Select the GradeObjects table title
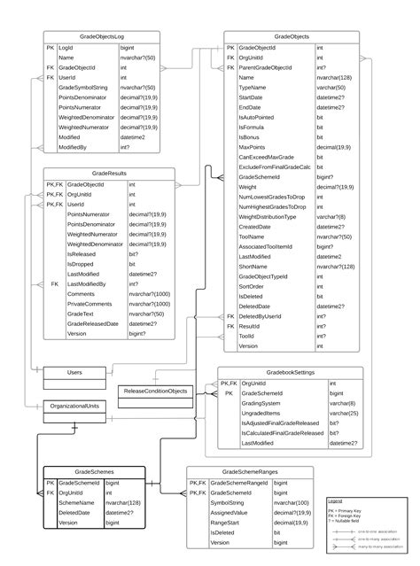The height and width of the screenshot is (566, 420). pos(292,36)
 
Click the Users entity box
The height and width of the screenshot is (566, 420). pos(75,373)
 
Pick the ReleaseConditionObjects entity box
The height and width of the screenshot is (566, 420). pos(155,390)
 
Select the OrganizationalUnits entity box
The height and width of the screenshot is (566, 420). pos(75,405)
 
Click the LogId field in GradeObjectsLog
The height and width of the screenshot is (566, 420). pos(66,47)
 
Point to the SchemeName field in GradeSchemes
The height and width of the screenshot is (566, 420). pos(75,503)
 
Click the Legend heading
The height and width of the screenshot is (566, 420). pos(336,501)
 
